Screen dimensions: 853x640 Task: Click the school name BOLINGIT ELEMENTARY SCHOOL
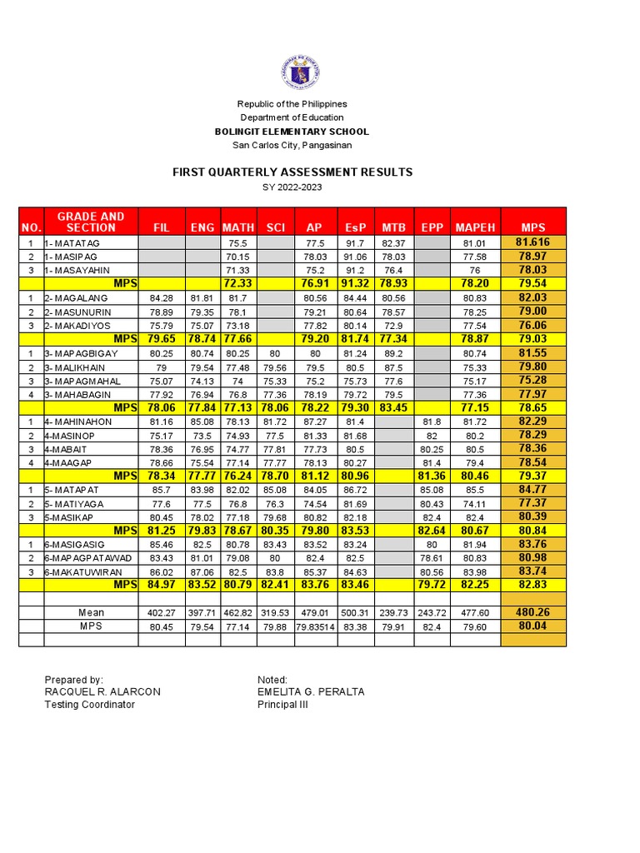(x=292, y=132)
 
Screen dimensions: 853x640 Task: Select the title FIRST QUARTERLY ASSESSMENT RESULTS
(x=292, y=172)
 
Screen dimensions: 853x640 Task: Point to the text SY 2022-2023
(x=292, y=187)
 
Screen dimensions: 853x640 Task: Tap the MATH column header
(x=237, y=227)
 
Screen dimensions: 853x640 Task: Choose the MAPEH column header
(x=475, y=227)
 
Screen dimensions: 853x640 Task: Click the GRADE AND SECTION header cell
(x=91, y=222)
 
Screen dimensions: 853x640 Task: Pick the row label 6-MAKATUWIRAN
(x=82, y=571)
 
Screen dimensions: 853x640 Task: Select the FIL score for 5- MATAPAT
(x=161, y=490)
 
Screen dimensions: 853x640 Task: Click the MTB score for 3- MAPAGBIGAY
(x=393, y=353)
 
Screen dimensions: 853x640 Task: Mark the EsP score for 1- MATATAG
(x=353, y=242)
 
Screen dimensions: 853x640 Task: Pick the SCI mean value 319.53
(x=275, y=613)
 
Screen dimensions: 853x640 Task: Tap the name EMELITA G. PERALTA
(x=311, y=692)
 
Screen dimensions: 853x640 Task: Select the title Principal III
(x=282, y=705)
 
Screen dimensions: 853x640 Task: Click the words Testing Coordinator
(x=89, y=705)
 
